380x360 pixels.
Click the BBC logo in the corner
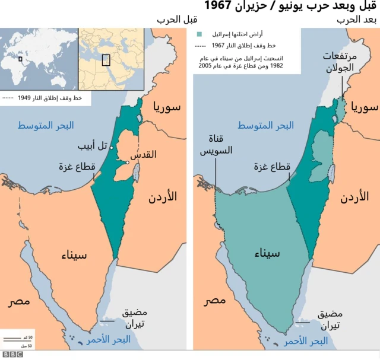(x=12, y=354)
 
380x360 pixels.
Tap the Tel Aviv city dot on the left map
(x=112, y=147)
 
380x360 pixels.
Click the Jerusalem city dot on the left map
(x=127, y=163)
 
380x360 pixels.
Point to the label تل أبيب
(x=93, y=145)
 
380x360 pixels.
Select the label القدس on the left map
(x=143, y=155)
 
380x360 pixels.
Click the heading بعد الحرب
(x=357, y=20)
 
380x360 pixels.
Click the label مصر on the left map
(x=19, y=301)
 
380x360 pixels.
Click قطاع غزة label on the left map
(x=77, y=167)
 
